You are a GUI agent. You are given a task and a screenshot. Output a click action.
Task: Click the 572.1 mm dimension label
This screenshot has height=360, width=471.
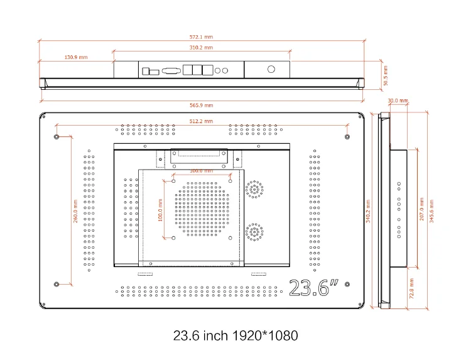(x=201, y=37)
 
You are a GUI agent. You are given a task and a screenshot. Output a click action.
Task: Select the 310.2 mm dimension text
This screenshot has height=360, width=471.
(x=201, y=48)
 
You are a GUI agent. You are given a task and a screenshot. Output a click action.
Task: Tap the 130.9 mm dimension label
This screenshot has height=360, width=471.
(x=76, y=57)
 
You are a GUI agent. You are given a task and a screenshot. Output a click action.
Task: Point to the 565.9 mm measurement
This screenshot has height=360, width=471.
(x=201, y=105)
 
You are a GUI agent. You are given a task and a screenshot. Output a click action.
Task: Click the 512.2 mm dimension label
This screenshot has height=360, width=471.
(x=201, y=121)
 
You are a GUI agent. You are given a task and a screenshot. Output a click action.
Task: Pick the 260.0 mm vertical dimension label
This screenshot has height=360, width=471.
(x=75, y=211)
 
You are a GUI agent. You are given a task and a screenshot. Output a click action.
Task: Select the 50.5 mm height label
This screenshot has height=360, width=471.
(x=386, y=75)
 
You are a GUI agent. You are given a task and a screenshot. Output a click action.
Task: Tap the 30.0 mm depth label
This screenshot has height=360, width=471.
(x=398, y=101)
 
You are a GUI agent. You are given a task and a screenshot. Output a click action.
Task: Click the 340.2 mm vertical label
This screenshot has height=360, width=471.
(x=368, y=211)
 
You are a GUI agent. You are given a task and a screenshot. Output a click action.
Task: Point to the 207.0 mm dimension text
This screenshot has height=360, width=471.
(x=421, y=209)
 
